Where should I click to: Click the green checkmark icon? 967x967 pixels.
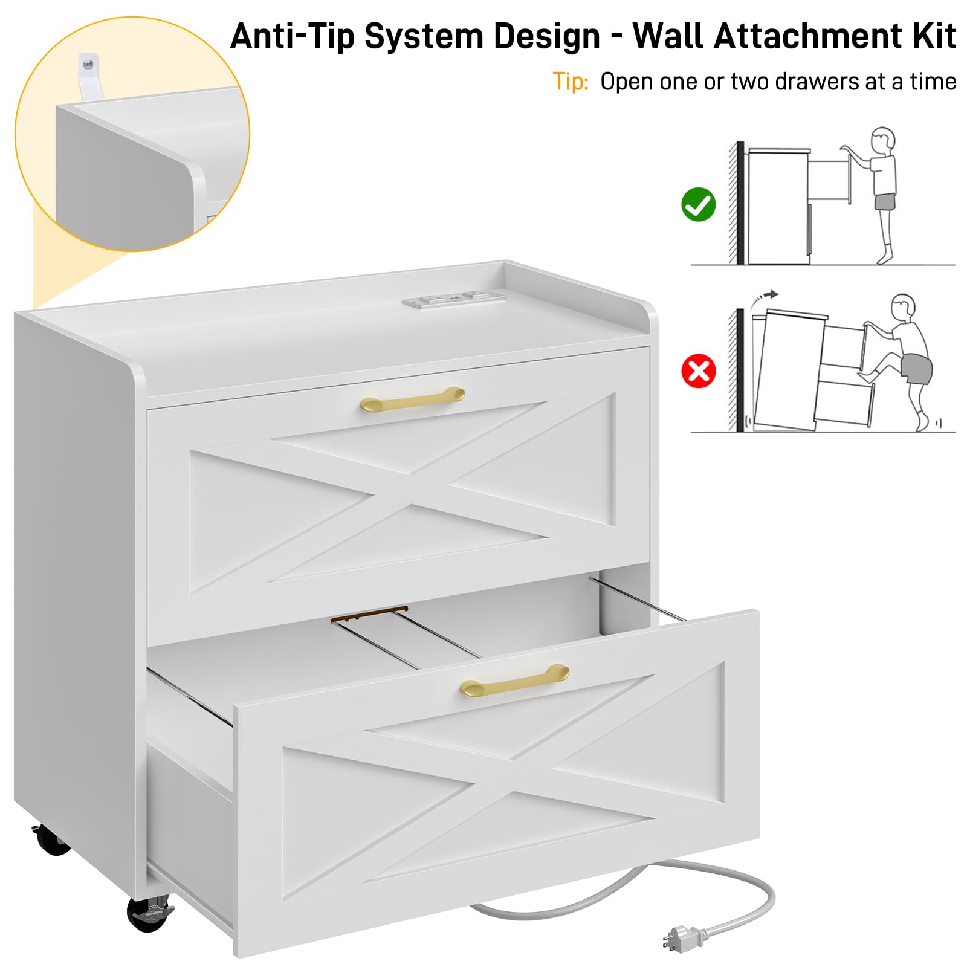[x=698, y=204]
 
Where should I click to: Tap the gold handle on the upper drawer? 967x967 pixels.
[x=412, y=399]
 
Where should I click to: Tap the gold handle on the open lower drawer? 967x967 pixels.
[x=514, y=680]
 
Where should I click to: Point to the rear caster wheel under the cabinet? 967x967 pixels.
[x=51, y=839]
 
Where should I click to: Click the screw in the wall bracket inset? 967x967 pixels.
[x=89, y=62]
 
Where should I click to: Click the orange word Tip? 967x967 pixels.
[x=571, y=82]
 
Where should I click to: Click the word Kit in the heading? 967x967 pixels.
[x=934, y=36]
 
